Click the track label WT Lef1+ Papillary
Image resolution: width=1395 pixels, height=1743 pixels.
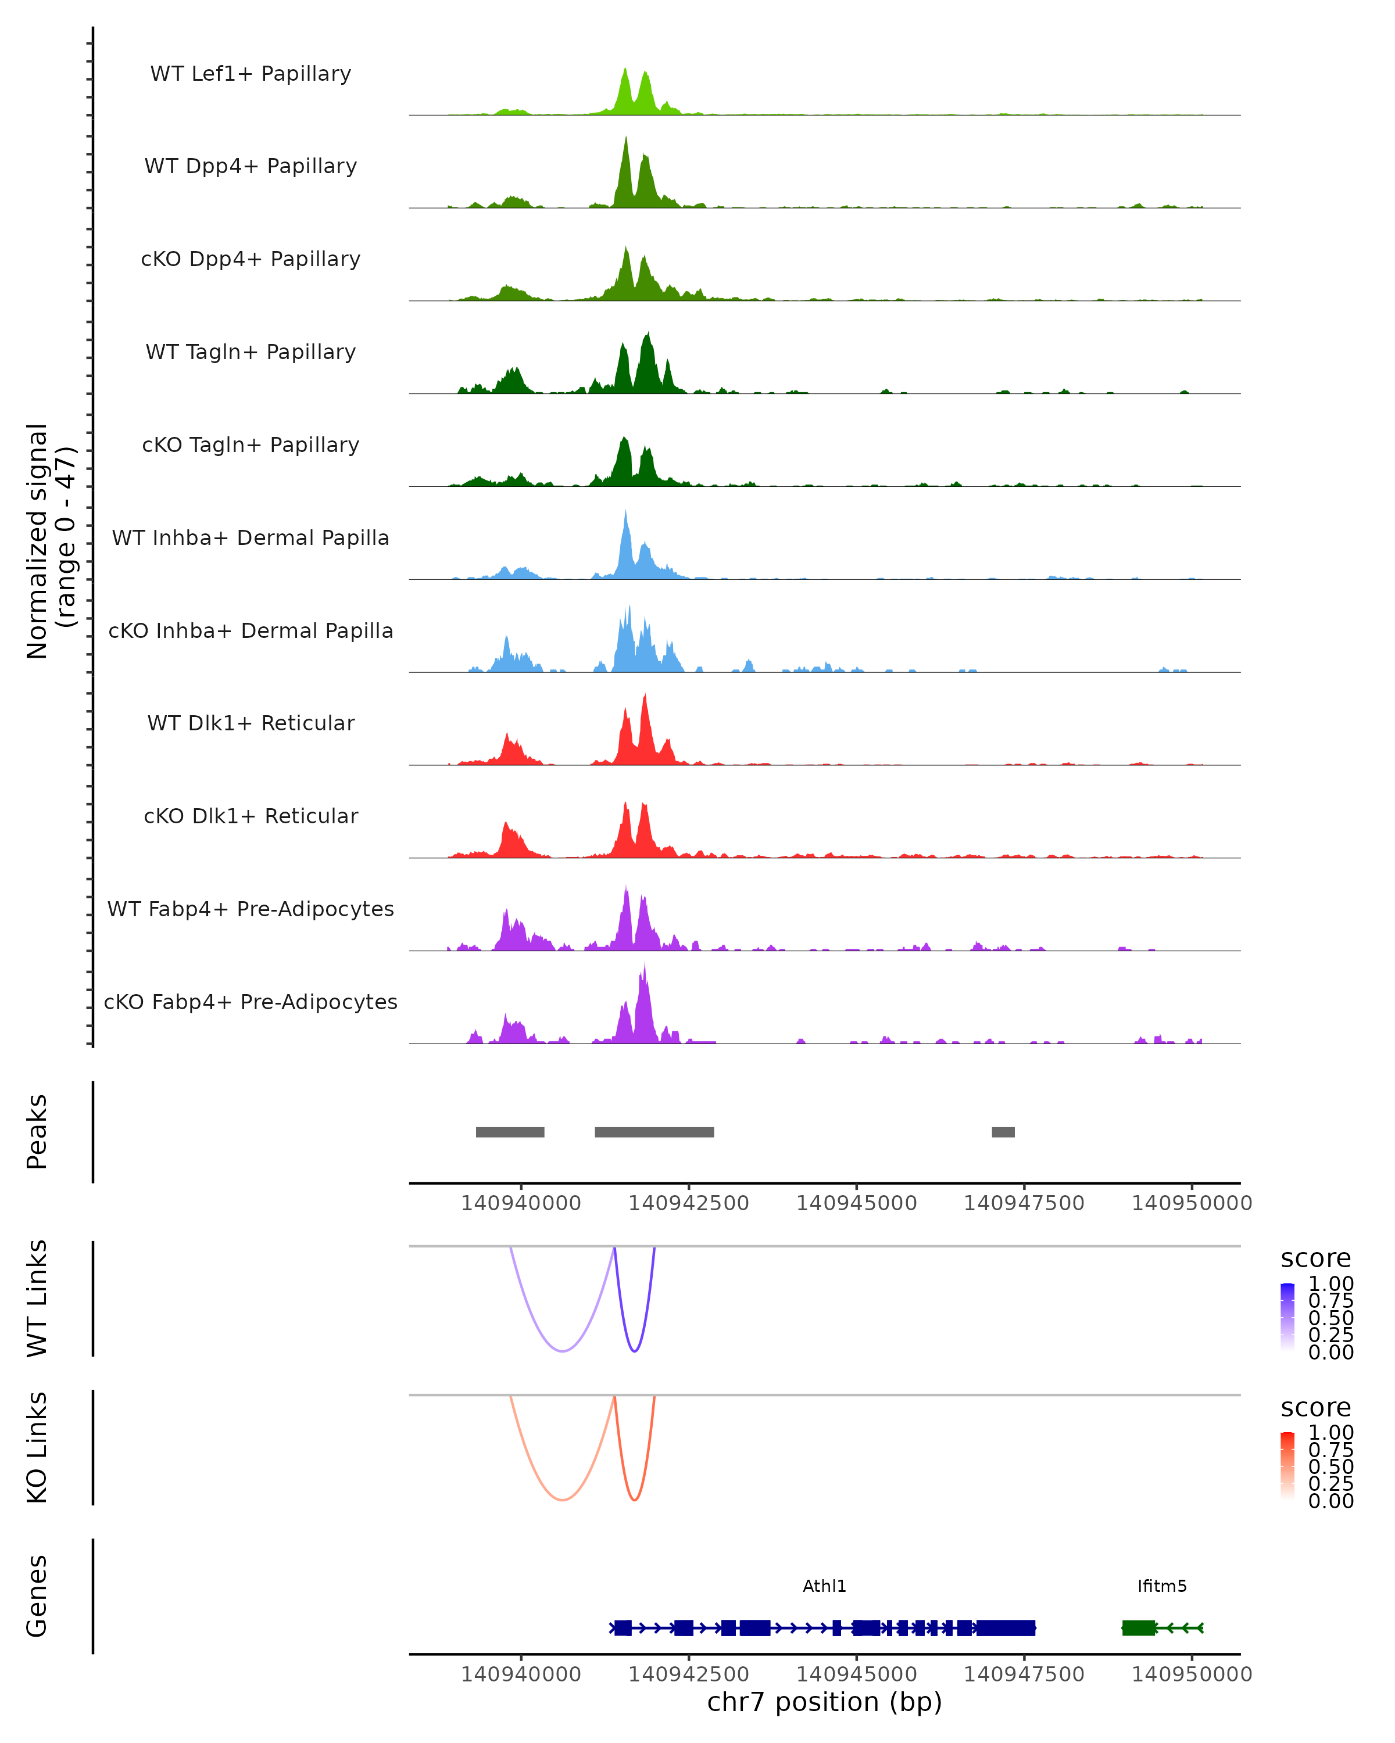(251, 74)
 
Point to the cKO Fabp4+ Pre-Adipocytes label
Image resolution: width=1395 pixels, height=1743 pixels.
(251, 1002)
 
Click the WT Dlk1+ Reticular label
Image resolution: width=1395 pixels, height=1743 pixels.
(251, 723)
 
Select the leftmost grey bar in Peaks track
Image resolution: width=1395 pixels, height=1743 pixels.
(510, 1132)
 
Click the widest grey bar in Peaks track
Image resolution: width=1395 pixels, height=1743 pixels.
(654, 1132)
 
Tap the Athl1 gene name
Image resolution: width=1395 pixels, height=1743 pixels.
(824, 1586)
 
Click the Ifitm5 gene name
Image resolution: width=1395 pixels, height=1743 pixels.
(1162, 1586)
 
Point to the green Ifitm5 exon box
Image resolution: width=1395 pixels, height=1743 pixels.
(1139, 1627)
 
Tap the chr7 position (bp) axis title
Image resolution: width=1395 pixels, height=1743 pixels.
(824, 1702)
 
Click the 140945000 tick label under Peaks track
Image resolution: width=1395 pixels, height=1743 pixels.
(856, 1203)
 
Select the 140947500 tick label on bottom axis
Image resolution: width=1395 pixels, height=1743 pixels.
(1024, 1674)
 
